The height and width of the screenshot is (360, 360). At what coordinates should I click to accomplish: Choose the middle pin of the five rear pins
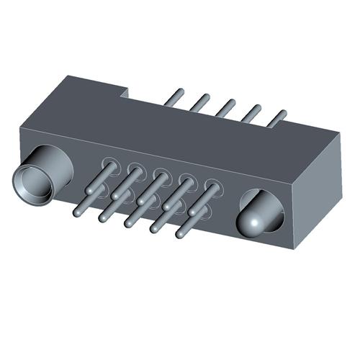(226, 107)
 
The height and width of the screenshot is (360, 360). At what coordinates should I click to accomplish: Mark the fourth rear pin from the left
(251, 112)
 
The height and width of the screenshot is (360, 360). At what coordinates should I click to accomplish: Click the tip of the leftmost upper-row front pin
(89, 190)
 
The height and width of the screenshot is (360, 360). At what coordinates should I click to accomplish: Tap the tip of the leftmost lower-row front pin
(78, 212)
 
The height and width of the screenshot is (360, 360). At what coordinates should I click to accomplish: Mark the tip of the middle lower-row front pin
(129, 222)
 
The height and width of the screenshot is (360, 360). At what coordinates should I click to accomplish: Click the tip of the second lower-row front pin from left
(104, 217)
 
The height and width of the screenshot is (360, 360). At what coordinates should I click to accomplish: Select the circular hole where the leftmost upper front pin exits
(111, 165)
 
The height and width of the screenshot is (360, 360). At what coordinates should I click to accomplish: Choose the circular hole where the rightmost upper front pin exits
(212, 186)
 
